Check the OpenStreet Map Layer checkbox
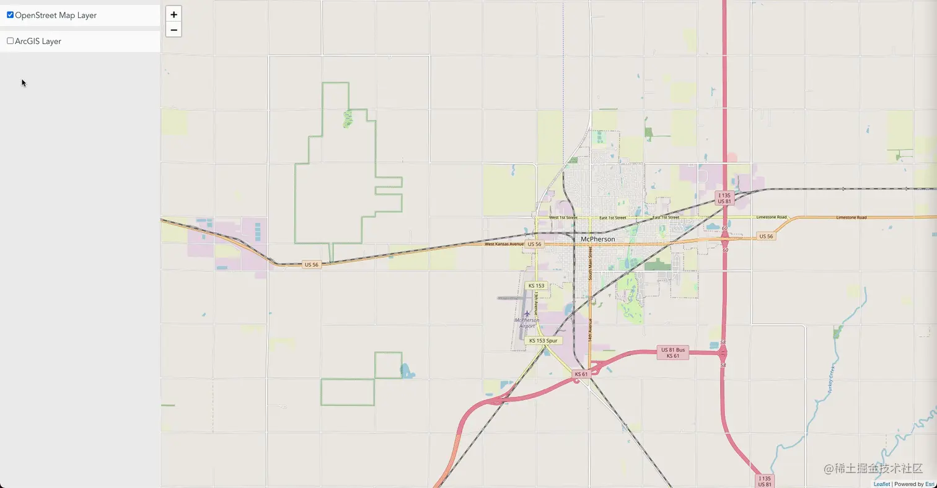point(10,15)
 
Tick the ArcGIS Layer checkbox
point(10,41)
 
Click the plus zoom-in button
point(174,14)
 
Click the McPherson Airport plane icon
point(527,313)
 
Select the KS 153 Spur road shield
point(543,341)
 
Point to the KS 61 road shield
point(581,374)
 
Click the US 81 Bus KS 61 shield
point(672,353)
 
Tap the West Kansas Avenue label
point(504,244)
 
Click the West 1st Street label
point(563,218)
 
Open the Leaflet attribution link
point(882,484)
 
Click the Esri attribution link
point(930,484)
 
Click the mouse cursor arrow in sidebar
point(24,82)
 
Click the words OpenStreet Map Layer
point(56,15)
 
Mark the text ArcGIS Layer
point(38,41)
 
